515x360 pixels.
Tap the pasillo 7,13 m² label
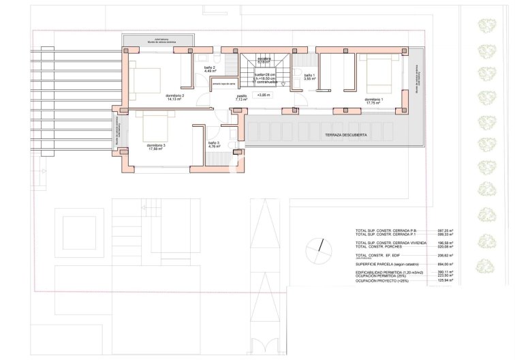(241, 98)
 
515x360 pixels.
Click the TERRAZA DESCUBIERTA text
(346, 135)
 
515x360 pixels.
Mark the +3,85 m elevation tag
(264, 95)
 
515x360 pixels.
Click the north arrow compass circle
(315, 248)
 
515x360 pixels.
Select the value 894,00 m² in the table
(446, 264)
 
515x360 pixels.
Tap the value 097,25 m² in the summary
(446, 230)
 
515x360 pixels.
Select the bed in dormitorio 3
(155, 125)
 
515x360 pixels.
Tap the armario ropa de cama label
(223, 84)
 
